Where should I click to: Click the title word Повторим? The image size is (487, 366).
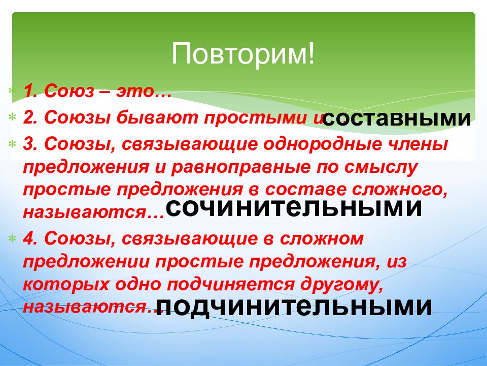[243, 53]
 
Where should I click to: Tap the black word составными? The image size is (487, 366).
[397, 118]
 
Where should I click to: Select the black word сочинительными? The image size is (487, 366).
[294, 208]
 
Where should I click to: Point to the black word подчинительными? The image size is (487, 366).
[294, 307]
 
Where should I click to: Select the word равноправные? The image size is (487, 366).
[240, 167]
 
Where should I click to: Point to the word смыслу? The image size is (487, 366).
[381, 167]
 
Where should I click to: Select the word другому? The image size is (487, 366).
[341, 285]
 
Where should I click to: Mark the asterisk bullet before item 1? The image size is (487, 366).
[12, 91]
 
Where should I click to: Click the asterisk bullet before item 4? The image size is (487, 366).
[12, 239]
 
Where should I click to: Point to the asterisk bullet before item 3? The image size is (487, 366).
[12, 144]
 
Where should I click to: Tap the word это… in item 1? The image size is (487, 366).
[144, 91]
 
